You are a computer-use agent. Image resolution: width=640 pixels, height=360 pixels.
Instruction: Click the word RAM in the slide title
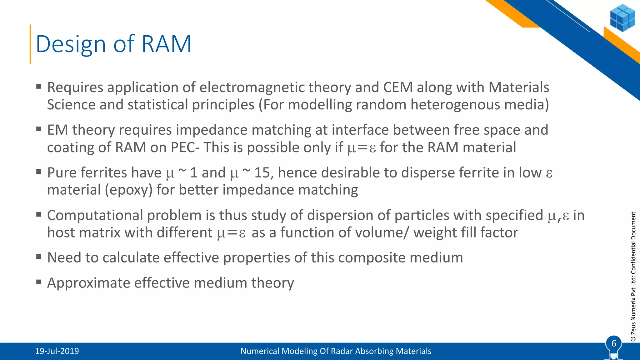click(166, 44)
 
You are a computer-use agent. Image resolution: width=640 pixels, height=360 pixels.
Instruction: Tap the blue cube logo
click(622, 18)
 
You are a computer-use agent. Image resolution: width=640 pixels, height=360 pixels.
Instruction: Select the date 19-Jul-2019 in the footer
click(57, 351)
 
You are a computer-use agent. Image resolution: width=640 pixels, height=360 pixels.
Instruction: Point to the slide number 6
click(613, 343)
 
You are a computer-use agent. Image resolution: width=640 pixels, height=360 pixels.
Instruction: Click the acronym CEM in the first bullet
click(398, 87)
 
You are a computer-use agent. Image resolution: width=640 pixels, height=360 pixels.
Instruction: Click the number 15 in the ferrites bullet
click(262, 173)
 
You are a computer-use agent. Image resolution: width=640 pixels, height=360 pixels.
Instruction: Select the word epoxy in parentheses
click(128, 190)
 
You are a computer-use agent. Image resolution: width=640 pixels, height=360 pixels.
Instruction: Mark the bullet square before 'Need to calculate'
click(39, 257)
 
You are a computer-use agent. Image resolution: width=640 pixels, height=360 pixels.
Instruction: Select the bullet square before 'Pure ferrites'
click(39, 172)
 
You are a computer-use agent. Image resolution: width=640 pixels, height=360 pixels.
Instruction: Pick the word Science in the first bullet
click(71, 105)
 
